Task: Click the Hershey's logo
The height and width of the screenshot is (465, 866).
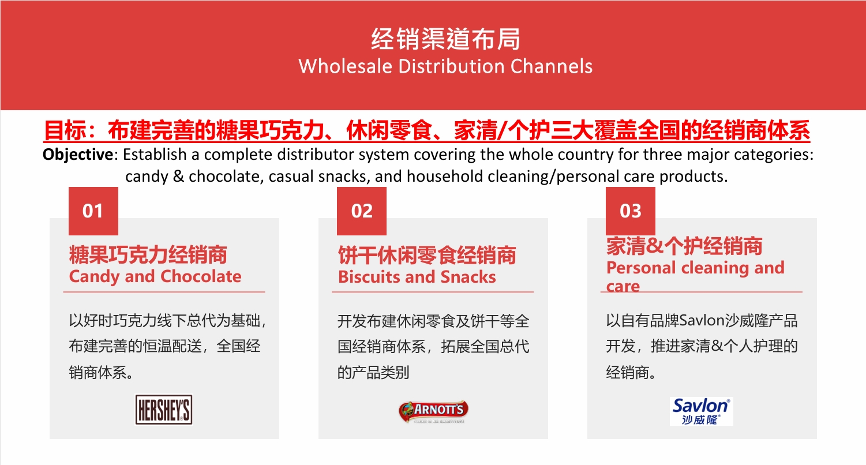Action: pos(163,410)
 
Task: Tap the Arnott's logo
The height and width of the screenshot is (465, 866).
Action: pos(433,411)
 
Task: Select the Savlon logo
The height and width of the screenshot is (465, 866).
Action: pos(702,411)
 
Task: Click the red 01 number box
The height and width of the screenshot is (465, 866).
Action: pos(93,211)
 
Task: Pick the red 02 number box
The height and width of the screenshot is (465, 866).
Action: pos(362,211)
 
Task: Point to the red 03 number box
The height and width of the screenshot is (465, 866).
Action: pos(630,211)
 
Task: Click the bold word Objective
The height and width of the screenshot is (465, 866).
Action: pos(78,155)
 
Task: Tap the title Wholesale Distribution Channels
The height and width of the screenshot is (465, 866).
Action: pos(445,66)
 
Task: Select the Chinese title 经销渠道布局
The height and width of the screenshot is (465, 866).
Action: pos(445,39)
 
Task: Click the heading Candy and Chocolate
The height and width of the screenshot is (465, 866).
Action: pos(155,277)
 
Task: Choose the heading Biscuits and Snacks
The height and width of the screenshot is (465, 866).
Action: pos(417,277)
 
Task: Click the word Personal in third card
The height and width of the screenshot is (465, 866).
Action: pos(640,268)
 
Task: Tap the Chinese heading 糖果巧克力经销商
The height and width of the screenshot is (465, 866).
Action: pos(148,255)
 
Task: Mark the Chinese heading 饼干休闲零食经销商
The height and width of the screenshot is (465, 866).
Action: pos(427,255)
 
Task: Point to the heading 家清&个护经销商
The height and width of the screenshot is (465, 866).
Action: pos(684,246)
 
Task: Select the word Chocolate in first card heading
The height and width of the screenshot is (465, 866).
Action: pos(201,277)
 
